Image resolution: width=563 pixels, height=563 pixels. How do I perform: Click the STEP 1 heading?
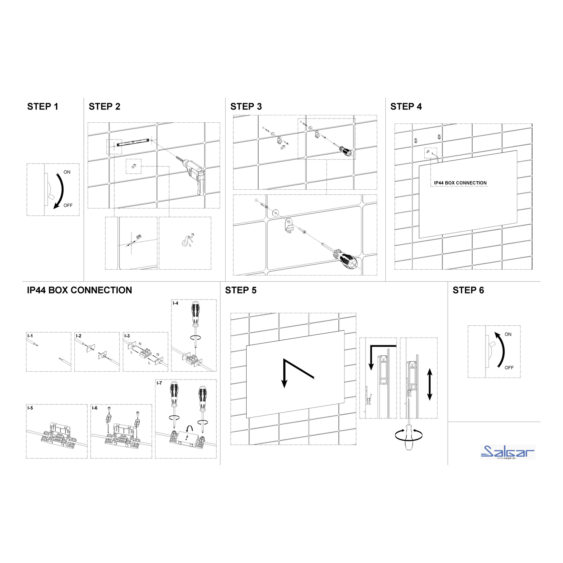(x=42, y=107)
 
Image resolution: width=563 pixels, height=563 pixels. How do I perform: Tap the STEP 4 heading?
(x=406, y=107)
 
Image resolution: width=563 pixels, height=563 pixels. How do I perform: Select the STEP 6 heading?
(x=468, y=290)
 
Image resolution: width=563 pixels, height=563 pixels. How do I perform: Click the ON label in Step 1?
(x=67, y=172)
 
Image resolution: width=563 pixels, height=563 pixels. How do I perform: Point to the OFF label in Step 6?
(x=509, y=367)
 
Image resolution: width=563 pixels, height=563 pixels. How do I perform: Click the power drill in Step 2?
(x=193, y=173)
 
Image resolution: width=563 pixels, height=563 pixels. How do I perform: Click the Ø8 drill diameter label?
(x=139, y=236)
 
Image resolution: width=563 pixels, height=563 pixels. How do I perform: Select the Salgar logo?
(x=508, y=452)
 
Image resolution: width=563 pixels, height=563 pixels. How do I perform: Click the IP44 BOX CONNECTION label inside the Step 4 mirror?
(x=460, y=183)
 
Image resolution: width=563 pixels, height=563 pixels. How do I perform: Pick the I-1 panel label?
(x=30, y=336)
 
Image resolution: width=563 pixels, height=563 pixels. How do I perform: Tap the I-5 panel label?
(x=30, y=408)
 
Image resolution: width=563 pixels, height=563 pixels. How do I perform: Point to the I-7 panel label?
(x=159, y=383)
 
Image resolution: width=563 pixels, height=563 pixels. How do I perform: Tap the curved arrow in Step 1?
(x=60, y=190)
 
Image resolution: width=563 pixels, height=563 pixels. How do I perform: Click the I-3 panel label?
(x=127, y=336)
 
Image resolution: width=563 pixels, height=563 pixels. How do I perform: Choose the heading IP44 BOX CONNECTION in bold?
(x=79, y=290)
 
